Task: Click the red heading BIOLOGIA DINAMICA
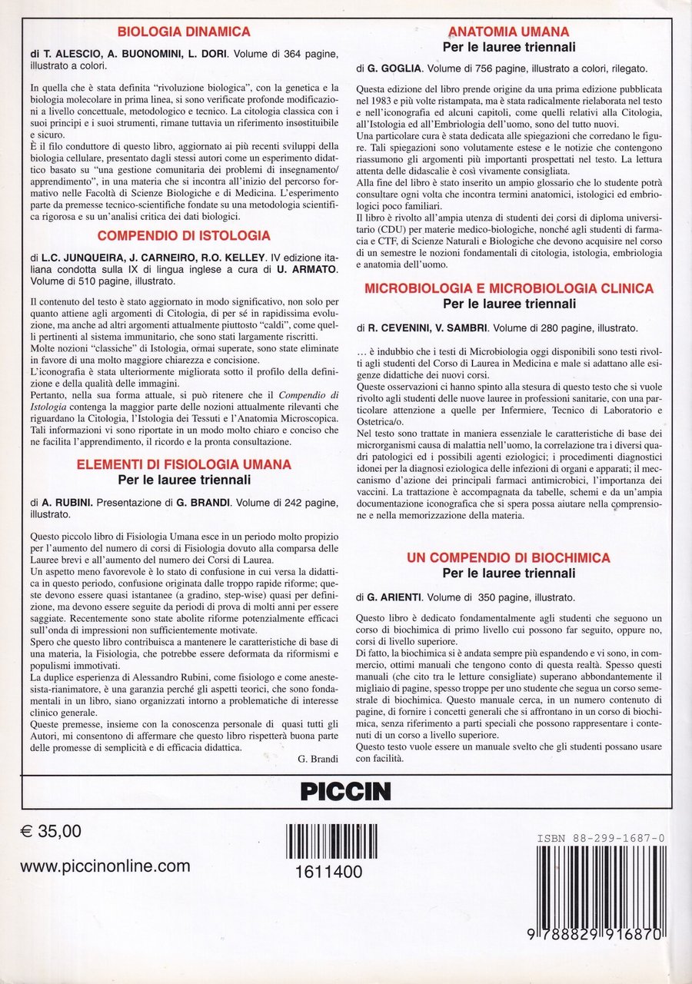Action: (x=184, y=32)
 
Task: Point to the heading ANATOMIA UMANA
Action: (x=509, y=32)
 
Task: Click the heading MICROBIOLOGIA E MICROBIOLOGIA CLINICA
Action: (x=509, y=288)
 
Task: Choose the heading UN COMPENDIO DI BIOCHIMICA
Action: (x=509, y=557)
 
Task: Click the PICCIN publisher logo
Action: (x=345, y=790)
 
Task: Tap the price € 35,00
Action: (x=52, y=832)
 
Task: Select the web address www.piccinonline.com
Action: (x=105, y=866)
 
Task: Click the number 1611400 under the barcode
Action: (x=323, y=871)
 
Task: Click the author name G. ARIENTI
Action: (x=398, y=597)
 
